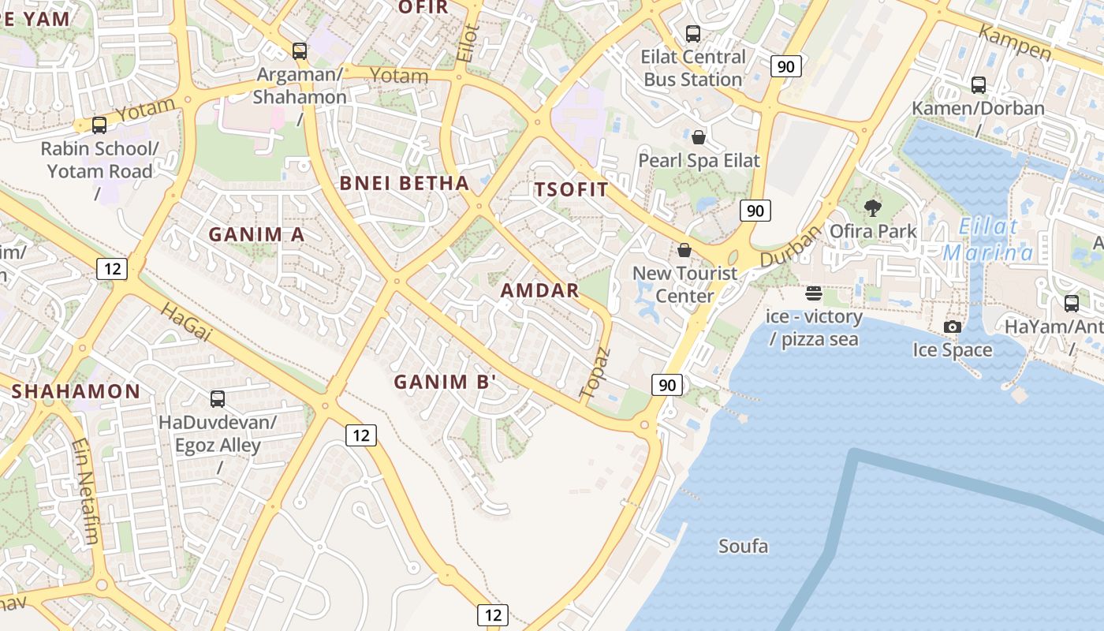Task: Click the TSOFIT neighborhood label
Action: [572, 189]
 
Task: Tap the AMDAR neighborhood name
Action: [540, 290]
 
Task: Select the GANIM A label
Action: [256, 234]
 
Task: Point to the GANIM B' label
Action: [446, 382]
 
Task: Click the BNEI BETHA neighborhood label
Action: [405, 184]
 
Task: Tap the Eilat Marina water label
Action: [988, 241]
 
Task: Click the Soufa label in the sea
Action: [743, 546]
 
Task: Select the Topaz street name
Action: [595, 372]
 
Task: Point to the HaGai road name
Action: [186, 322]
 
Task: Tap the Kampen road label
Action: [1015, 43]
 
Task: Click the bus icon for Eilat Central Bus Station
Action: [693, 33]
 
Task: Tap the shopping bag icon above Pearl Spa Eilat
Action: [699, 138]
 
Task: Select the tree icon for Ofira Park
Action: [873, 208]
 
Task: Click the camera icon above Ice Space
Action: [953, 327]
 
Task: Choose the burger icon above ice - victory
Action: [814, 294]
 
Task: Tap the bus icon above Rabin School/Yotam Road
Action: [99, 125]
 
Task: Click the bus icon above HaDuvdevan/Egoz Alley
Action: [218, 399]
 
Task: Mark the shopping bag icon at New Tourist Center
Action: [684, 250]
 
